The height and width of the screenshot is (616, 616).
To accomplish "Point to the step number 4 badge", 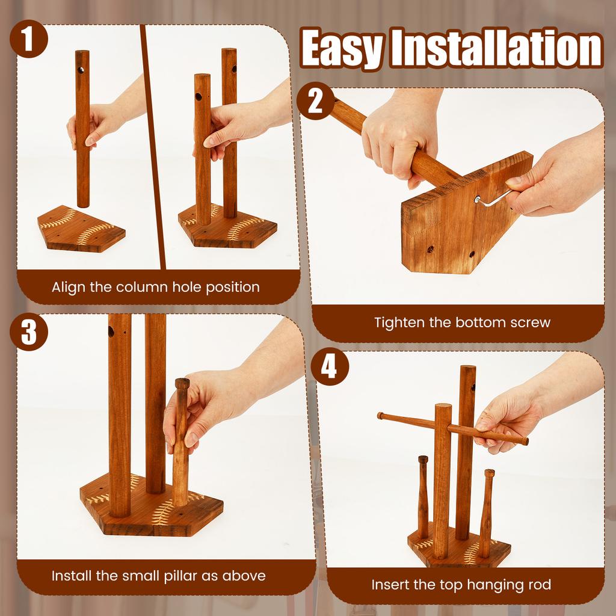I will point(329,368).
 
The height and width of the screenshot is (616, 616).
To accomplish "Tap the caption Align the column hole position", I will point(156,287).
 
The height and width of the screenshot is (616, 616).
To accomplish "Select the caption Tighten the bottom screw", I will point(462,322).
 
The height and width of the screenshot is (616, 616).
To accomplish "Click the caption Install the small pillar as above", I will point(158,576).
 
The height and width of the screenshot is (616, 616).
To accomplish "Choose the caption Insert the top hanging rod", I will point(461,584).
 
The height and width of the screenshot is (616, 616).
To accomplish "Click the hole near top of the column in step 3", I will point(112,331).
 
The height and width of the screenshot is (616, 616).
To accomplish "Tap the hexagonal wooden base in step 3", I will point(150,514).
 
